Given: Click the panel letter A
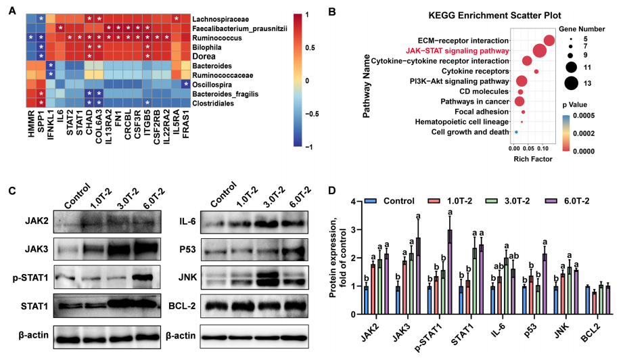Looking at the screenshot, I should click(x=12, y=11).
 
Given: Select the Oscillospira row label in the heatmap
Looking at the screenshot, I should click(x=212, y=85).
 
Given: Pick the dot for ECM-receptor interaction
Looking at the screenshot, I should click(x=549, y=41).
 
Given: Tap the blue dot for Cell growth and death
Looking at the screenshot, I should click(x=516, y=132).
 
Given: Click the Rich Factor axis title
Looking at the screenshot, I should click(x=533, y=159).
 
